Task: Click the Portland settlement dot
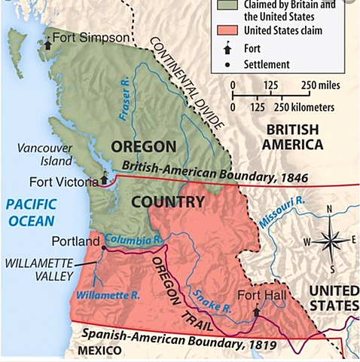click(103, 242)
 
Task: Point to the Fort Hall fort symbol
click(257, 309)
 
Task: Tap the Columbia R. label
click(133, 239)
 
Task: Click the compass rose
click(329, 241)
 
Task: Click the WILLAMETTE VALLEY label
click(39, 269)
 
